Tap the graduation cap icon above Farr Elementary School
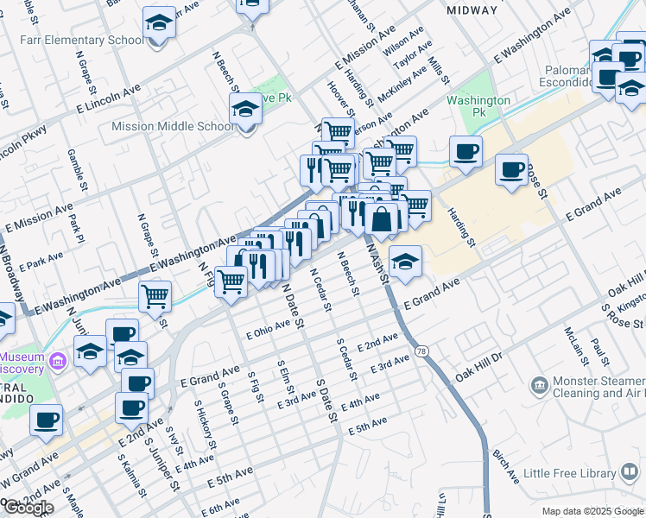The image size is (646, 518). (x=159, y=22)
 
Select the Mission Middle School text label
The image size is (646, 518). (x=173, y=127)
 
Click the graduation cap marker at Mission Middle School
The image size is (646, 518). (x=246, y=111)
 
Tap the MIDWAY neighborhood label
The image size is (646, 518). (x=472, y=10)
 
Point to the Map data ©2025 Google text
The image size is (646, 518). (x=592, y=511)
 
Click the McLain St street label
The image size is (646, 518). (x=570, y=342)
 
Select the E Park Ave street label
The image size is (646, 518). (x=41, y=258)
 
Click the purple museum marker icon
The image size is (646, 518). (x=58, y=359)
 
